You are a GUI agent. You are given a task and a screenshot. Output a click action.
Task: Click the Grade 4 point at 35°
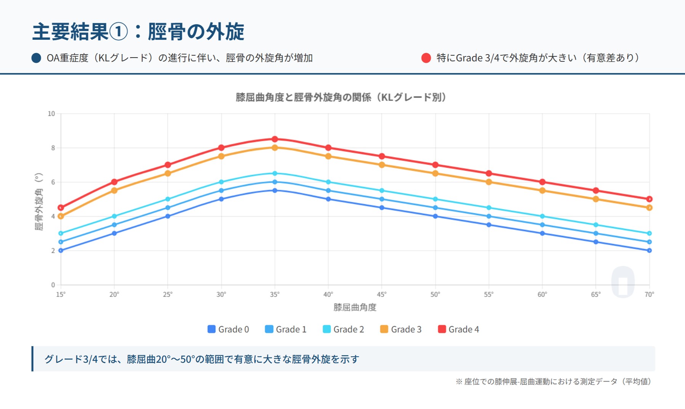pyautogui.click(x=275, y=139)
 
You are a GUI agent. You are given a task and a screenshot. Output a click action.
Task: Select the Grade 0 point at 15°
pyautogui.click(x=61, y=251)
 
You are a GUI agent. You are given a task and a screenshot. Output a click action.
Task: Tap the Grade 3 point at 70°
pyautogui.click(x=649, y=208)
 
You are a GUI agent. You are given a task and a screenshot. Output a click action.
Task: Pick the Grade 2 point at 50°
pyautogui.click(x=435, y=199)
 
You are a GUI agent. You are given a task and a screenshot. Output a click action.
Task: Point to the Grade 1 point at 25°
pyautogui.click(x=168, y=208)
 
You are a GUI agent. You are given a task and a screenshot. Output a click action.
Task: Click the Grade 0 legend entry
pyautogui.click(x=228, y=329)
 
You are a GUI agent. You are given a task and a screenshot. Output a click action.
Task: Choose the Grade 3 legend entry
pyautogui.click(x=401, y=329)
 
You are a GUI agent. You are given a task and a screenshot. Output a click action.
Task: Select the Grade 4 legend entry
pyautogui.click(x=458, y=329)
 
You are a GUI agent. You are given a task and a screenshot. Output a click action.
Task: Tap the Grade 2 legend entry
pyautogui.click(x=343, y=329)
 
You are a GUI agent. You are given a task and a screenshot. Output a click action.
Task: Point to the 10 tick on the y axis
pyautogui.click(x=51, y=114)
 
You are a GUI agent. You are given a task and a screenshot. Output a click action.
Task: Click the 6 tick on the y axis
pyautogui.click(x=53, y=182)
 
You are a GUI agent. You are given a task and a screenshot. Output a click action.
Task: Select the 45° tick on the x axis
pyautogui.click(x=382, y=295)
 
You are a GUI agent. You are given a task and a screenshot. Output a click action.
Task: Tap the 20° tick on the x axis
pyautogui.click(x=114, y=295)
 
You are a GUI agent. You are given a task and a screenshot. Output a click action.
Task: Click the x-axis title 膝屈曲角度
pyautogui.click(x=355, y=307)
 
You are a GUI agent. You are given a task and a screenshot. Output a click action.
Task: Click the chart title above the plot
pyautogui.click(x=341, y=97)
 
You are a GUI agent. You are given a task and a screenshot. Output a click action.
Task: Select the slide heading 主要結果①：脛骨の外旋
pyautogui.click(x=138, y=31)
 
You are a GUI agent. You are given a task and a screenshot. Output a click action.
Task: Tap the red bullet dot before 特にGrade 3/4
pyautogui.click(x=426, y=58)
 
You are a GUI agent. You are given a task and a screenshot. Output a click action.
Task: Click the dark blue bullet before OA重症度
pyautogui.click(x=36, y=58)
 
